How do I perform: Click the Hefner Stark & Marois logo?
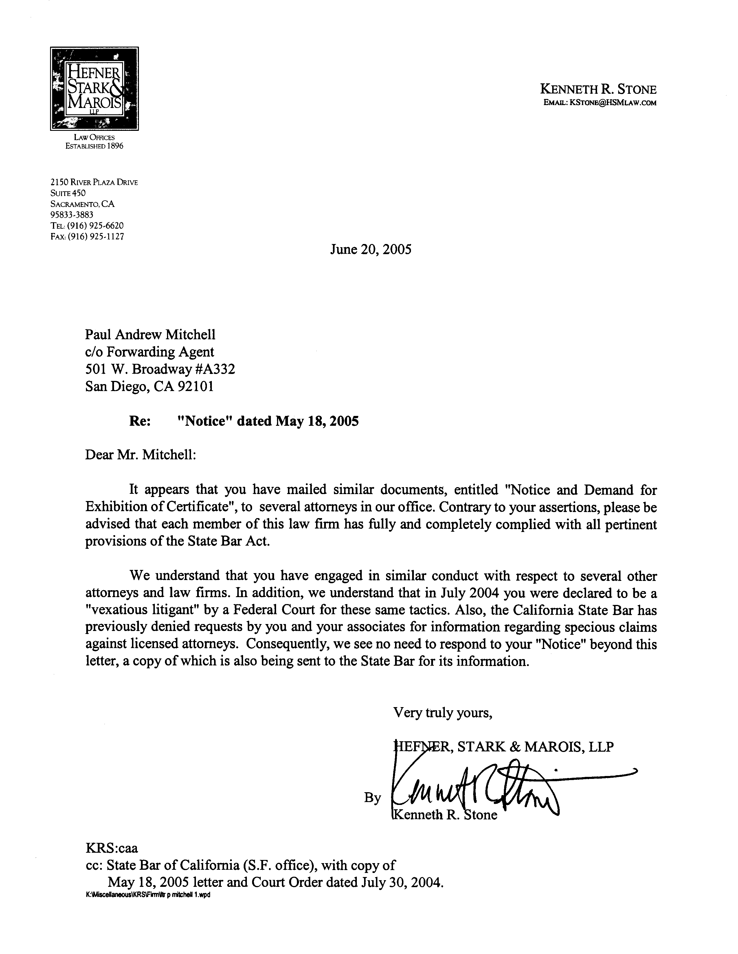point(94,89)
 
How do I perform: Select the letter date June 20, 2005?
point(370,249)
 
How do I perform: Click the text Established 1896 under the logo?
point(94,146)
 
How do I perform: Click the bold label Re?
point(140,421)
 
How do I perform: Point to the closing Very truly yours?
point(443,712)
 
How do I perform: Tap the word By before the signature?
point(372,798)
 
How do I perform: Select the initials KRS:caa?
point(111,848)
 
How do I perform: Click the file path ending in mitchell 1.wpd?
point(148,894)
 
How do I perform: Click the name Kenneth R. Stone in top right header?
point(598,89)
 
